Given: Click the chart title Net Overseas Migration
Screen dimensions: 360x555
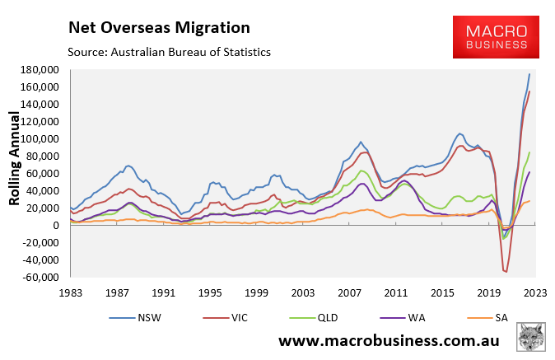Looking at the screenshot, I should click(x=159, y=28).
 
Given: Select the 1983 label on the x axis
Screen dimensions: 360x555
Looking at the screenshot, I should click(x=71, y=292).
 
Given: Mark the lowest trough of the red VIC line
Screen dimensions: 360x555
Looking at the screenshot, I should click(x=506, y=271).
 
